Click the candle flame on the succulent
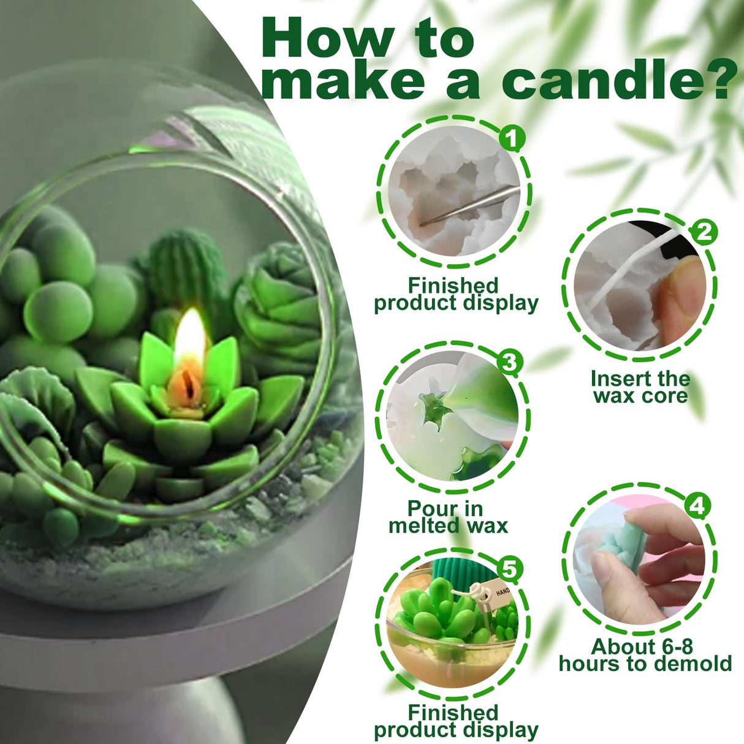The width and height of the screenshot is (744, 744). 189,340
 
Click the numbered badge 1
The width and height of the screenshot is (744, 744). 512,138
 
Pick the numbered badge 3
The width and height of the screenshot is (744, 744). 508,362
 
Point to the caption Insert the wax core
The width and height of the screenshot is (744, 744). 640,387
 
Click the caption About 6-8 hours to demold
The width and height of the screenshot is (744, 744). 645,655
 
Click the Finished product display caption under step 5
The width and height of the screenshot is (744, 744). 455,721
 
